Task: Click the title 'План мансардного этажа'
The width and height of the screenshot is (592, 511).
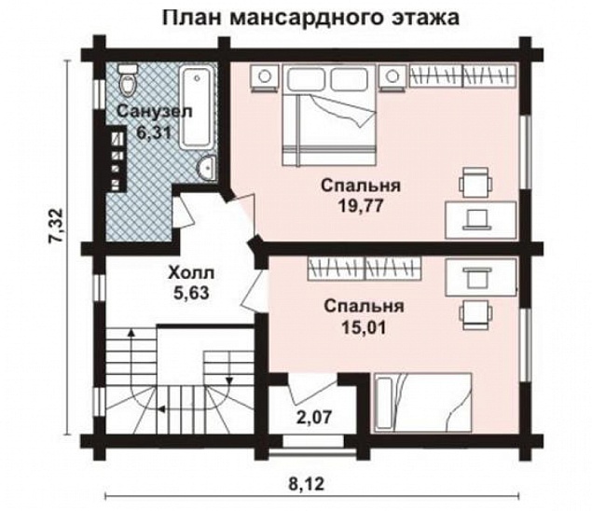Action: (311, 18)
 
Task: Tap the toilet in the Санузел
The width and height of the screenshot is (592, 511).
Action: (126, 81)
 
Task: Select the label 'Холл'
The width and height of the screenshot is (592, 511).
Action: (190, 273)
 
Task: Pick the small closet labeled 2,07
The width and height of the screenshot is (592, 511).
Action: (314, 411)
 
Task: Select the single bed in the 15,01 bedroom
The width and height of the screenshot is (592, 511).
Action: (424, 402)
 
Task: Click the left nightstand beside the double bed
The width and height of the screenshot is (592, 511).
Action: (268, 76)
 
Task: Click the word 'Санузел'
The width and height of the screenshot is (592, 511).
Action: (155, 112)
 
